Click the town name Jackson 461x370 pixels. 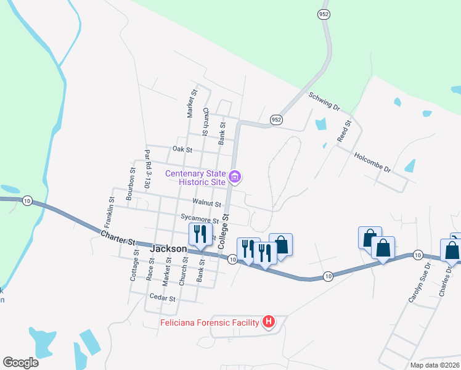tap(168, 249)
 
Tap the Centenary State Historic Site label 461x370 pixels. tap(195, 177)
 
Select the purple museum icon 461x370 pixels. tap(234, 178)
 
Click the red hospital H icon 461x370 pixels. tap(269, 322)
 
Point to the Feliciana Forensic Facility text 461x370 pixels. tap(210, 323)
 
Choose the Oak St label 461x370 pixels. tap(182, 149)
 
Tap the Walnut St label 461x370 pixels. tap(206, 202)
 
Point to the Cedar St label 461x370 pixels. tap(164, 298)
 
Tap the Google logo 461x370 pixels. tap(20, 363)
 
